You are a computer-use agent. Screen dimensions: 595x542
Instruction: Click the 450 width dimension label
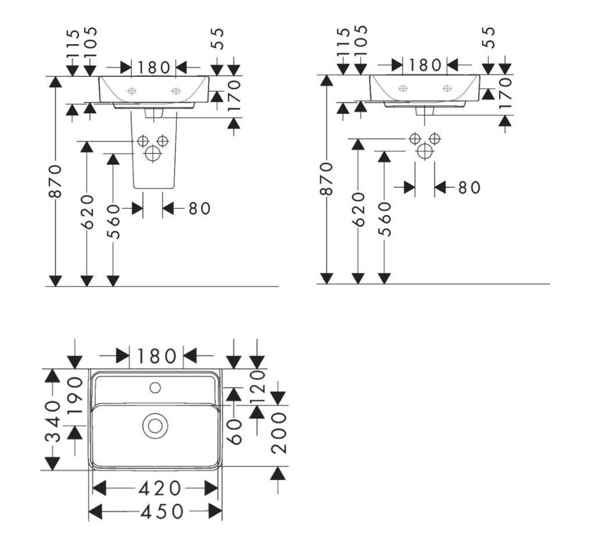click(162, 512)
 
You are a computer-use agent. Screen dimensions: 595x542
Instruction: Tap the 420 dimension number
click(159, 488)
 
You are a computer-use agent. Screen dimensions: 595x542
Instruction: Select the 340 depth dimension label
click(53, 422)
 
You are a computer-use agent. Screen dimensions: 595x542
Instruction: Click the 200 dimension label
click(279, 433)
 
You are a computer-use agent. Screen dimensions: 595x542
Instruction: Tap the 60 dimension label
click(235, 432)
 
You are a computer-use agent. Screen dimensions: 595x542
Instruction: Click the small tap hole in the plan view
click(155, 388)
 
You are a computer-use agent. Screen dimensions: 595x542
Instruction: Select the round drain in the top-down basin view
click(155, 425)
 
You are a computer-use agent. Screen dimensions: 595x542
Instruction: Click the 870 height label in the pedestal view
click(55, 181)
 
